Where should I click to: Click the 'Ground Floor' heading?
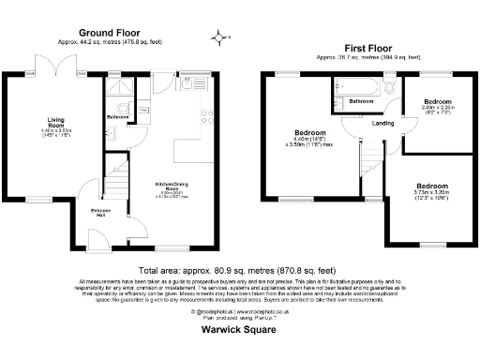(116, 30)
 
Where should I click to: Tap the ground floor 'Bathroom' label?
(117, 116)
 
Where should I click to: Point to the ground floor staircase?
(115, 169)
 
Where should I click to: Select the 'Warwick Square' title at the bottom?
(239, 330)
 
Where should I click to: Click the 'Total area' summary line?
(240, 270)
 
